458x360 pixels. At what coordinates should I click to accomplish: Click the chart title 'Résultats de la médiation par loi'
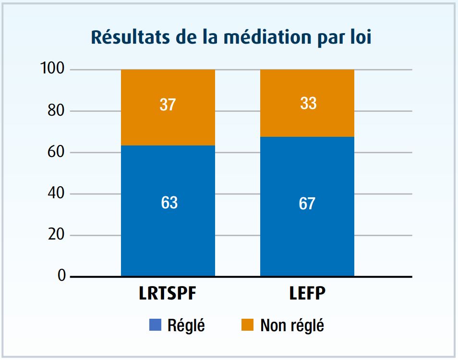(231, 37)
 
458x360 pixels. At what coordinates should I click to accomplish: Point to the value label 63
(169, 203)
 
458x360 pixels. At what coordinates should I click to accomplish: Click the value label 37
(168, 105)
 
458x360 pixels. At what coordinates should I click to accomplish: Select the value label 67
(307, 204)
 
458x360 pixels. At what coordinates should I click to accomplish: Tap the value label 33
(308, 103)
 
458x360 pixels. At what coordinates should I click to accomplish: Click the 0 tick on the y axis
(61, 276)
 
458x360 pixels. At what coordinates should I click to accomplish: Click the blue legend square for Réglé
(155, 325)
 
